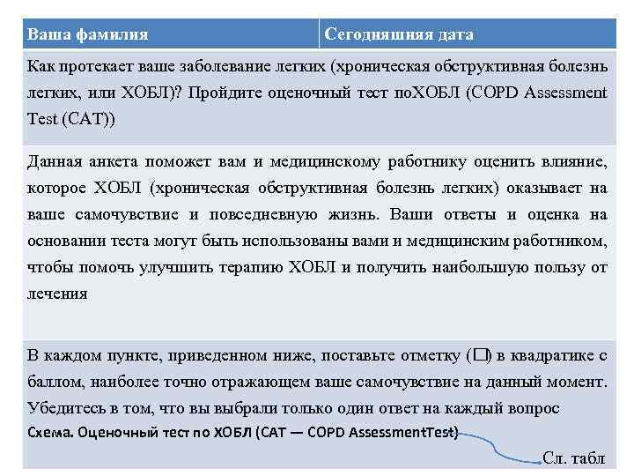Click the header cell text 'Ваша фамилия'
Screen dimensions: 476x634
87,34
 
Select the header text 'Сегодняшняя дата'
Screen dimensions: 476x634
399,34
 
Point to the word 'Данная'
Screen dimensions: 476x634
55,161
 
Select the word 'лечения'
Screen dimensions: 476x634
57,294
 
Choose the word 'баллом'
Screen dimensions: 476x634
55,383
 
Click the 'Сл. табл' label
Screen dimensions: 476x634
573,458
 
